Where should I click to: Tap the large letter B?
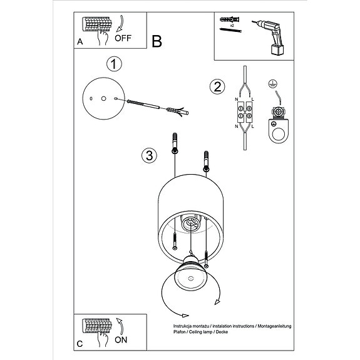click(x=157, y=41)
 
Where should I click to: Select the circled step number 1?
click(x=113, y=64)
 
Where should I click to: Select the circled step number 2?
click(x=217, y=87)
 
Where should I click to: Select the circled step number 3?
click(x=148, y=156)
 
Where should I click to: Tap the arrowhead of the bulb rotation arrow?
click(x=217, y=303)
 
